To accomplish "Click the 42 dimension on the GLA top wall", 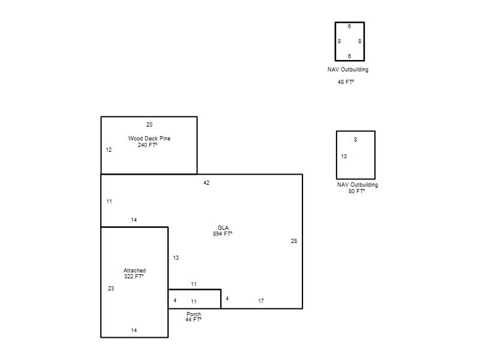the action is [206, 183].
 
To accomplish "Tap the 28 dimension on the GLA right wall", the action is [294, 241].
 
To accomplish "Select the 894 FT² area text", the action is [223, 233].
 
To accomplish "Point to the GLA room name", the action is [223, 228].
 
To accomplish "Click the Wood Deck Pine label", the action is [149, 139].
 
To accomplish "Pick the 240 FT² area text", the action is [148, 145].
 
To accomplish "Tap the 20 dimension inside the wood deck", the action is [149, 125].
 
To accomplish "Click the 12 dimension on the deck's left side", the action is [109, 149].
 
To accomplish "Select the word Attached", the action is [134, 271].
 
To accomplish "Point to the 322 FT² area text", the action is [134, 276].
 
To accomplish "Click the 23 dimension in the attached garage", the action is [111, 288].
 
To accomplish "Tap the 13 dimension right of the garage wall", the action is [176, 258].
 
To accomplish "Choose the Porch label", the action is [194, 314].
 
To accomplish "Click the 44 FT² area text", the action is [193, 320].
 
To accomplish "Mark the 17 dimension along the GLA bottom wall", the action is [261, 301].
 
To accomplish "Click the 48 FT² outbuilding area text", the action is [346, 82].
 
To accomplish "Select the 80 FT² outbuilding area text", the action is [356, 191].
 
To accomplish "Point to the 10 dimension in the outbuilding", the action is [344, 157].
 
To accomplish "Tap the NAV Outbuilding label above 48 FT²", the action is [348, 70].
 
